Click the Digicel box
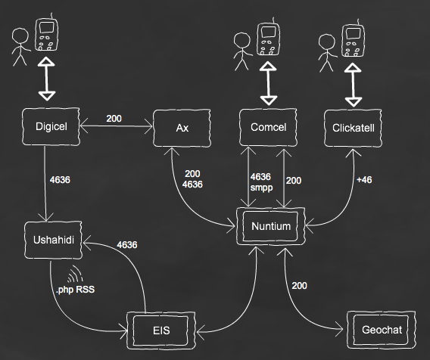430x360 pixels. (51, 126)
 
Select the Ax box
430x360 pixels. (182, 128)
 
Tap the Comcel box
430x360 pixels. (268, 127)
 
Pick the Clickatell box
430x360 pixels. (353, 128)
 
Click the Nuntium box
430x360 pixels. (271, 226)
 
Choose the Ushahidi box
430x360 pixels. (53, 240)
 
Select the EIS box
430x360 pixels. (161, 331)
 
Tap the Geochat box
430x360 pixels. (382, 330)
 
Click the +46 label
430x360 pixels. (364, 180)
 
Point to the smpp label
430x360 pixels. (261, 188)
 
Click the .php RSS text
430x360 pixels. (75, 290)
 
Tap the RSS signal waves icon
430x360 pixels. (75, 274)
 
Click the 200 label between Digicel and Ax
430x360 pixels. (114, 118)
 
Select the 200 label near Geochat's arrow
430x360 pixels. (299, 286)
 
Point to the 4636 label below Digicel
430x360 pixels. (60, 180)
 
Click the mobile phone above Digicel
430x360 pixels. (47, 33)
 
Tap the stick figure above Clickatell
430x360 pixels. (327, 53)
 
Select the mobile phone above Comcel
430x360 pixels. (269, 37)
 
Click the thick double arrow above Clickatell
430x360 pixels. (353, 85)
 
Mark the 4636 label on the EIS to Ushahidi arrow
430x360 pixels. (127, 244)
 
